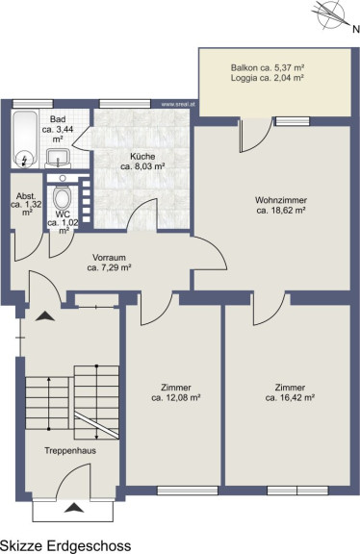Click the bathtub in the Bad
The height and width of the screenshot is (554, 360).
[x=25, y=139]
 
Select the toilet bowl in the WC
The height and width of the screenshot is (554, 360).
[x=63, y=198]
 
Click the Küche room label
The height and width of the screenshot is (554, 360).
[x=142, y=162]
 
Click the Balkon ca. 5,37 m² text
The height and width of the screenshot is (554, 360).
[x=268, y=67]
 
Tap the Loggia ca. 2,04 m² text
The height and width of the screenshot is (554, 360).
[x=268, y=78]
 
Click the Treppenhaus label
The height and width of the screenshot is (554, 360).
[x=70, y=450]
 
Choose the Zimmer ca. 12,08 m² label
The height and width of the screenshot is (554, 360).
[x=176, y=392]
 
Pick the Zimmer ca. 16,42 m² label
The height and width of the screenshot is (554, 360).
[x=290, y=392]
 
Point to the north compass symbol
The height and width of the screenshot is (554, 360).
[x=331, y=14]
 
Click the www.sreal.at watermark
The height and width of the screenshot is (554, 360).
[x=178, y=104]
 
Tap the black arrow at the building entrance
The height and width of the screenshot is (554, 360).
[x=74, y=508]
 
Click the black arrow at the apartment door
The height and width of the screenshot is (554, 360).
[x=45, y=316]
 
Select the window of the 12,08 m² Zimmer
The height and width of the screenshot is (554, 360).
[x=188, y=491]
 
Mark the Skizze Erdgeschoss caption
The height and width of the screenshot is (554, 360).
[x=65, y=545]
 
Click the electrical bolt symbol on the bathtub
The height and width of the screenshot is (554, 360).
[x=24, y=161]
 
